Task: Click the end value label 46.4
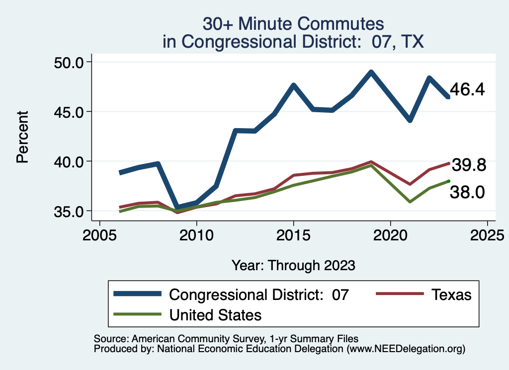coord(467,90)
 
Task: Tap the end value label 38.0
coord(467,192)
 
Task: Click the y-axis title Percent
coord(22,137)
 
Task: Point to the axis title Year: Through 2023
coord(293,265)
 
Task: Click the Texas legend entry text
coord(451,295)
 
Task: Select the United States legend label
coord(215,315)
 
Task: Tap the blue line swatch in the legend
coord(138,294)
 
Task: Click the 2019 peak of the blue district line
coord(371,72)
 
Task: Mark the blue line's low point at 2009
coord(177,207)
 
